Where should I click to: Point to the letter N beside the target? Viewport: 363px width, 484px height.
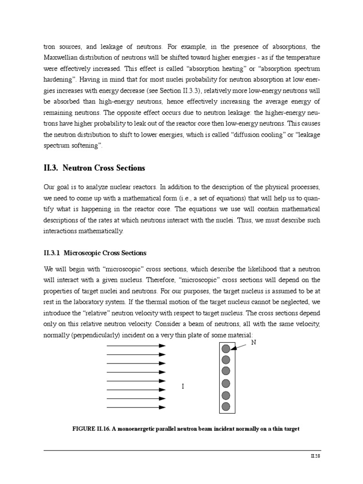[253, 342]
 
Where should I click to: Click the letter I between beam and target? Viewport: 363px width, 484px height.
[183, 387]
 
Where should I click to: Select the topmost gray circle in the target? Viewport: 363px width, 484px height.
[226, 349]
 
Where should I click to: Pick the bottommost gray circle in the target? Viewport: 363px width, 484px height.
[226, 406]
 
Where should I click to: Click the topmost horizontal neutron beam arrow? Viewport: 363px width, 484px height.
[136, 346]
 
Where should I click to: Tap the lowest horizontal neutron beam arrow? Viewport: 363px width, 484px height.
[136, 407]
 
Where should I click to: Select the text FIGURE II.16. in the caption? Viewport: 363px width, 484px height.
[92, 429]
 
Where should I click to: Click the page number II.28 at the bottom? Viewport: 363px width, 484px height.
[315, 456]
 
